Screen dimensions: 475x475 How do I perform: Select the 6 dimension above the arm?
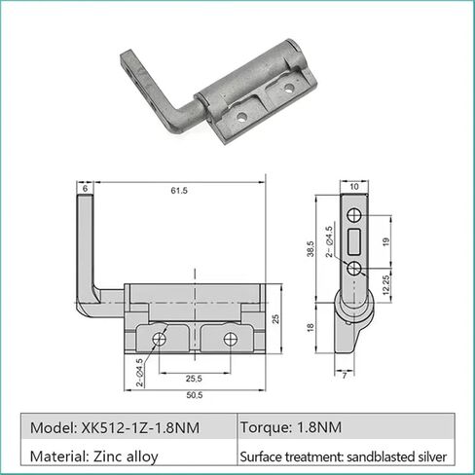[86, 187]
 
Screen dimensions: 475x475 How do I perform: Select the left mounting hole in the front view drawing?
[158, 339]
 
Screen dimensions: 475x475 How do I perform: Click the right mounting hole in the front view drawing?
[230, 339]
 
